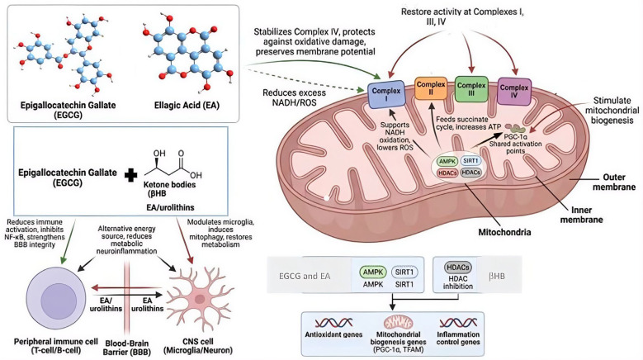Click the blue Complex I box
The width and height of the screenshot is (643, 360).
tap(386, 94)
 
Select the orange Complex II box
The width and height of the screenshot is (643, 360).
tap(431, 88)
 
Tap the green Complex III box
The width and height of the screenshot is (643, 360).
tap(471, 89)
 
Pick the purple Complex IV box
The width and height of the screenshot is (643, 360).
tap(514, 92)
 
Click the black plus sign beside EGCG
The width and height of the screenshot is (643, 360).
tap(130, 175)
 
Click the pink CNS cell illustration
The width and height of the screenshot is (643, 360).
tap(200, 298)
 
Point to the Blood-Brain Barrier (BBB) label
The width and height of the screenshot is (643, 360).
tap(127, 348)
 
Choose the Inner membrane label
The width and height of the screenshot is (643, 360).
tap(581, 215)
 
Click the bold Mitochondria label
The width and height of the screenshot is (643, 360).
tap(504, 232)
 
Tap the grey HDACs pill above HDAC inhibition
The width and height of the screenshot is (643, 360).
tap(457, 268)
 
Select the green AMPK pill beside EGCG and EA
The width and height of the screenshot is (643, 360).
tap(373, 272)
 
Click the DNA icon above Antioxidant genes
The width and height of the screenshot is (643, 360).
tap(333, 322)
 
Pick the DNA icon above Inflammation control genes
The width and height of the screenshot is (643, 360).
tap(458, 322)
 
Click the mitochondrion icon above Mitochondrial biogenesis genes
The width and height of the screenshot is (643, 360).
tap(398, 322)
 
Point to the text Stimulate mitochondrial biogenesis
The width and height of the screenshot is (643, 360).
tap(612, 111)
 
